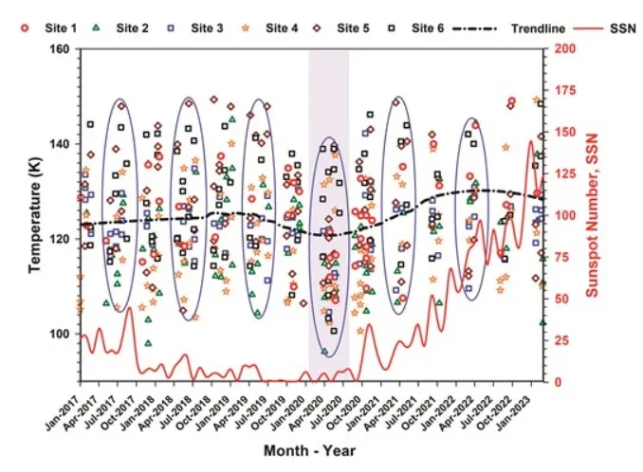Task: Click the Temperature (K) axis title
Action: tap(34, 215)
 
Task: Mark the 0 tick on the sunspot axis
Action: tap(558, 381)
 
